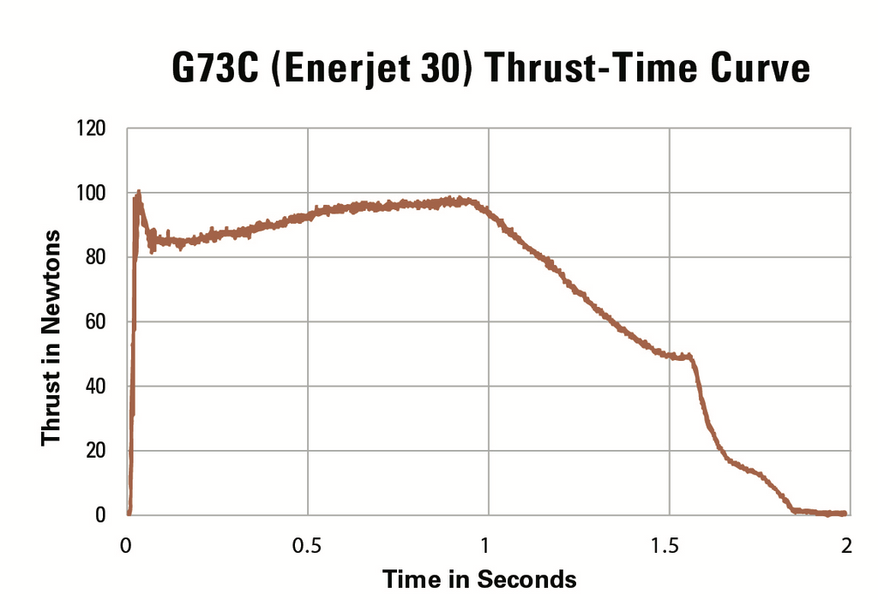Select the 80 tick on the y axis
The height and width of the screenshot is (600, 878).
coord(93,258)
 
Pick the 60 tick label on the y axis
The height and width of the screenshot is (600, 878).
coord(93,322)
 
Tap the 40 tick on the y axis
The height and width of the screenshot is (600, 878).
coord(93,387)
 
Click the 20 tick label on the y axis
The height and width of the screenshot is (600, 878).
coord(93,451)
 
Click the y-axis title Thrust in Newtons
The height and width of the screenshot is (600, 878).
coord(52,336)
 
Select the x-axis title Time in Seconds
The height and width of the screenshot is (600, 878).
coord(479,579)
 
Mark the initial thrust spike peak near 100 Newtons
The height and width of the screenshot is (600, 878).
coord(137,194)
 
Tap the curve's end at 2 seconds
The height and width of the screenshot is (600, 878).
coord(845,513)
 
